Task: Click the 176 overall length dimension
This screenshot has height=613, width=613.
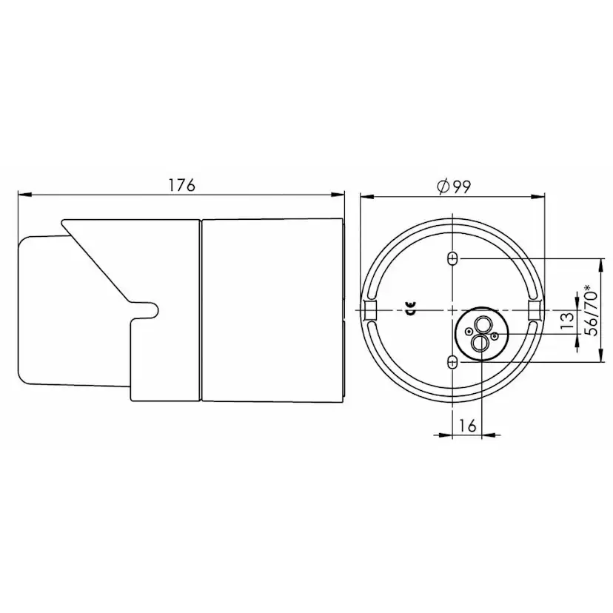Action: tap(181, 186)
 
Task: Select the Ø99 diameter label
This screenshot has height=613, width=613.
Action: tap(454, 187)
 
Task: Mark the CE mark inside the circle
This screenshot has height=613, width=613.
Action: tap(409, 310)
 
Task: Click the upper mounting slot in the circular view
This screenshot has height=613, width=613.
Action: tap(453, 258)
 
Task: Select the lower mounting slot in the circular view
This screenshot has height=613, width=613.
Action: tap(453, 361)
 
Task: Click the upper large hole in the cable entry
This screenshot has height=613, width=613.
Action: tap(482, 324)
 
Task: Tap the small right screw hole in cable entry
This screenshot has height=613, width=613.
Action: tap(495, 337)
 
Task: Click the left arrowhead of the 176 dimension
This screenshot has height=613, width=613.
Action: tap(22, 195)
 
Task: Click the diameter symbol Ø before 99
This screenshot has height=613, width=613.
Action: tap(442, 187)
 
